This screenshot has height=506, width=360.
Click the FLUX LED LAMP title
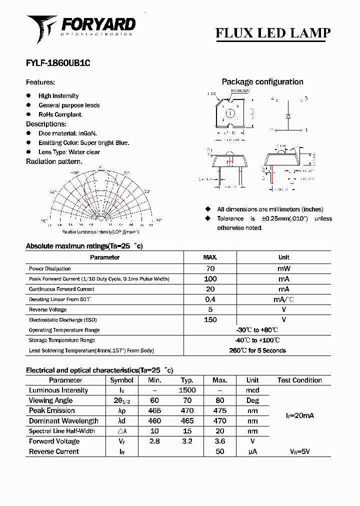click(x=272, y=33)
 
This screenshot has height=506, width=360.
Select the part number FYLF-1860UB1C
click(x=58, y=63)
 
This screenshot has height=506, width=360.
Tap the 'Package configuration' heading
click(x=262, y=82)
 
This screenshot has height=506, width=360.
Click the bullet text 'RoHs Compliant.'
click(x=60, y=114)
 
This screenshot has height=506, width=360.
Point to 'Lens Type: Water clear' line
click(x=69, y=152)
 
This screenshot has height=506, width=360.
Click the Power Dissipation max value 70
click(x=210, y=268)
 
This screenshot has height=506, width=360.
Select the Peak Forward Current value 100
click(x=210, y=279)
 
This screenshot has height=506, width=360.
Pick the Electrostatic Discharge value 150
click(x=210, y=320)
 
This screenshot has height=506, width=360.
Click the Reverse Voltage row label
click(x=48, y=309)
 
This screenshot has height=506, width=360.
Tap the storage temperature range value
click(x=257, y=340)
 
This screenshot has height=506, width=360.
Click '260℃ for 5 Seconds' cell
click(x=257, y=350)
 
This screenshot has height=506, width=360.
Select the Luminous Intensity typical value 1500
click(x=187, y=390)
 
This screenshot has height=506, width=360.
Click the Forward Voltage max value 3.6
click(x=219, y=441)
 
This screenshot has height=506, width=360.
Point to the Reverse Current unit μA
click(x=252, y=451)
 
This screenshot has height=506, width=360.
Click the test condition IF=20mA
click(x=299, y=415)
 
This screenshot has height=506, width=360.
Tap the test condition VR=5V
click(x=299, y=451)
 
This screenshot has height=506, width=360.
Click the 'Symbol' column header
click(x=121, y=380)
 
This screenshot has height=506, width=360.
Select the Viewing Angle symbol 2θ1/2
click(x=121, y=400)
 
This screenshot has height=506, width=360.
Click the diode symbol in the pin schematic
click(x=288, y=116)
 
